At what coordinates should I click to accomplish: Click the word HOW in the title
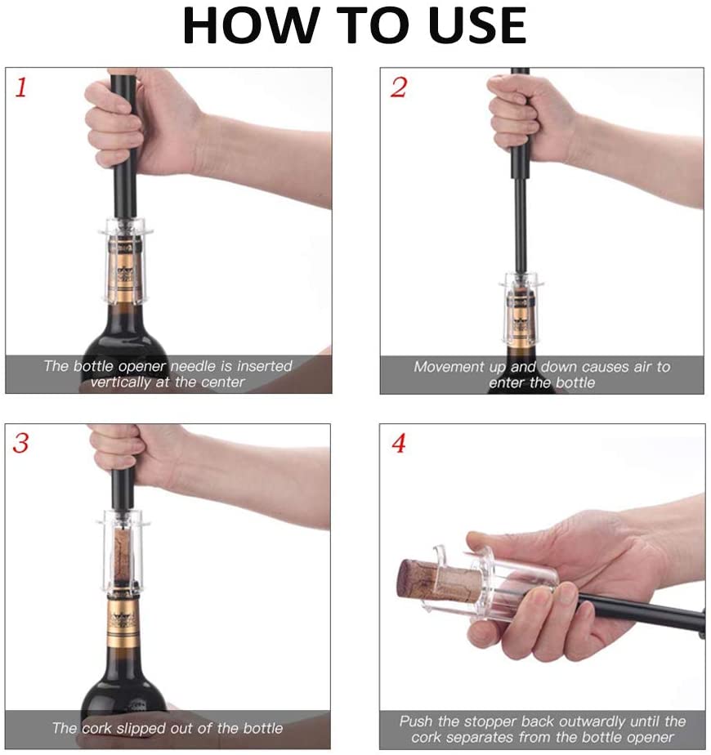(x=251, y=25)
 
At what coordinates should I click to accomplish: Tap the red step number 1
(x=20, y=87)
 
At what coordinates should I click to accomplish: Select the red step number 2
(x=398, y=87)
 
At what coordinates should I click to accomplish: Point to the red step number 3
(x=20, y=443)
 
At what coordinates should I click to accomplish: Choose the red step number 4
(x=398, y=444)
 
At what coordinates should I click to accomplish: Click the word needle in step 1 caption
(x=194, y=366)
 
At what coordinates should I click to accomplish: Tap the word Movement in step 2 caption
(x=449, y=367)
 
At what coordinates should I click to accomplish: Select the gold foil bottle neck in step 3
(x=124, y=619)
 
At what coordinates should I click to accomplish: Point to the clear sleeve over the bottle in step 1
(x=126, y=261)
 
